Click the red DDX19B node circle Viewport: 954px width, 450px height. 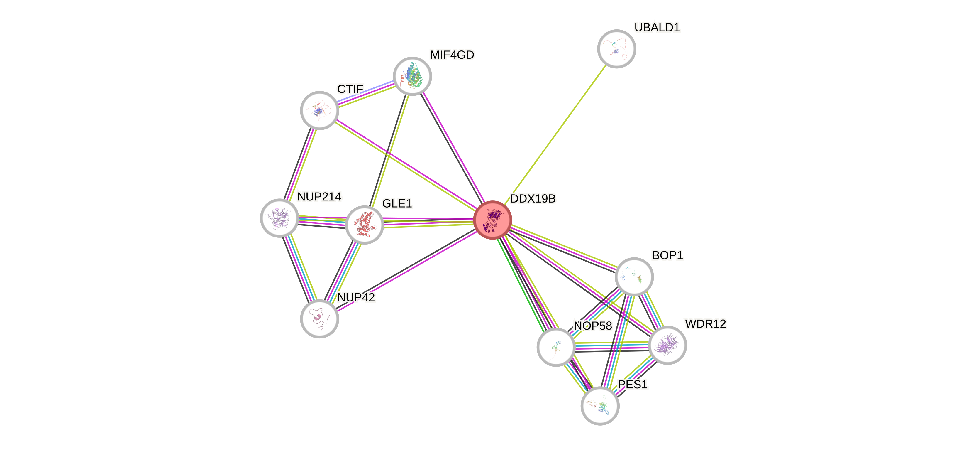[493, 220]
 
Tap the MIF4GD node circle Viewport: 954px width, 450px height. [412, 76]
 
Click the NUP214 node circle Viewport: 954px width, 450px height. [279, 218]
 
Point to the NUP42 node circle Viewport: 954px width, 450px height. [319, 319]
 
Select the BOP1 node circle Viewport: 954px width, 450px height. [634, 277]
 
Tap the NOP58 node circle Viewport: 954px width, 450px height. [556, 347]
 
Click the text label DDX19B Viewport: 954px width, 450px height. [533, 199]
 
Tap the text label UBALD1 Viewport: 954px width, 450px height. [657, 27]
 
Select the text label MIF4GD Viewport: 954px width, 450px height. [452, 55]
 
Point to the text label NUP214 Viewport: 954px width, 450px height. [319, 196]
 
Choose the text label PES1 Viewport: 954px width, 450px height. [633, 384]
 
